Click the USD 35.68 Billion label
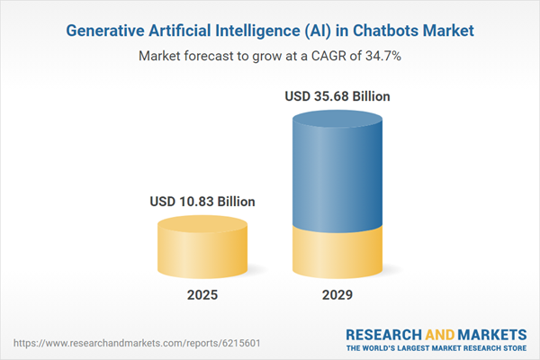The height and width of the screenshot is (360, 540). [338, 96]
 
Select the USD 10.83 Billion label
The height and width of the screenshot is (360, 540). [202, 202]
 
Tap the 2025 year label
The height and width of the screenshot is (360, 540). [202, 294]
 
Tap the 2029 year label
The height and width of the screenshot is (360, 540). [338, 294]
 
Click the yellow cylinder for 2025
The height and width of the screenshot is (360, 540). [202, 247]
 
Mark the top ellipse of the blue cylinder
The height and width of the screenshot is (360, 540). [338, 121]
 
